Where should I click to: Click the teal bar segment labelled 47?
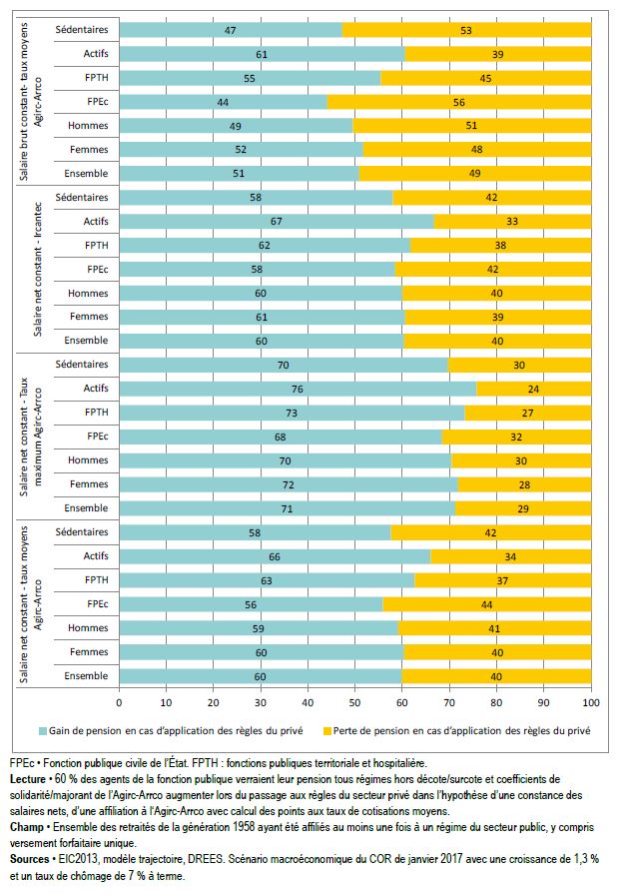[x=231, y=30]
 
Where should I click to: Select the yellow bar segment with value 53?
[x=466, y=30]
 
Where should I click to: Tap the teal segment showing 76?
[x=298, y=389]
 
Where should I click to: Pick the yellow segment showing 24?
[x=534, y=389]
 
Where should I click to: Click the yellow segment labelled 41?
[x=494, y=627]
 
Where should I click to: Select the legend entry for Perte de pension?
[x=443, y=730]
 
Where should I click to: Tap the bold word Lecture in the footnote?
[x=28, y=778]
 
